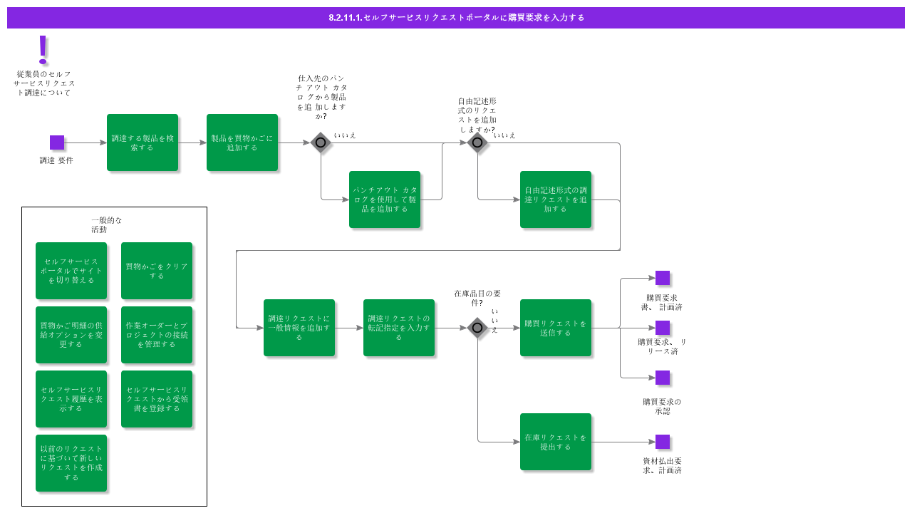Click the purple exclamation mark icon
coord(43,50)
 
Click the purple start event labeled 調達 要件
coord(57,142)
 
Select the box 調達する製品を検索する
coord(142,142)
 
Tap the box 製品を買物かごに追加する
coord(242,142)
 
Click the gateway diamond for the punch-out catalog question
coord(321,142)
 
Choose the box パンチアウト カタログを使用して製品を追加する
coord(385,199)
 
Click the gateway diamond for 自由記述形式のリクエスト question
coord(477,142)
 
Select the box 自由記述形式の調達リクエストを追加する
coord(556,199)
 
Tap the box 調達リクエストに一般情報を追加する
coord(299,328)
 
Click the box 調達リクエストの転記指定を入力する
coord(399,328)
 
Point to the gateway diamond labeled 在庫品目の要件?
coord(477,328)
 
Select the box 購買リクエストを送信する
coord(556,328)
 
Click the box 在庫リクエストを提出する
coord(556,442)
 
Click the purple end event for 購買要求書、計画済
coord(663,278)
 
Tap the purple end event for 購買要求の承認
coord(663,378)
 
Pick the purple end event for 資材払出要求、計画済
coord(663,442)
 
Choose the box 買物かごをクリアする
coord(157,271)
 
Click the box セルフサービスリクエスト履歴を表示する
coord(71,399)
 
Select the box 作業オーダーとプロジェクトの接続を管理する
coord(157,335)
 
